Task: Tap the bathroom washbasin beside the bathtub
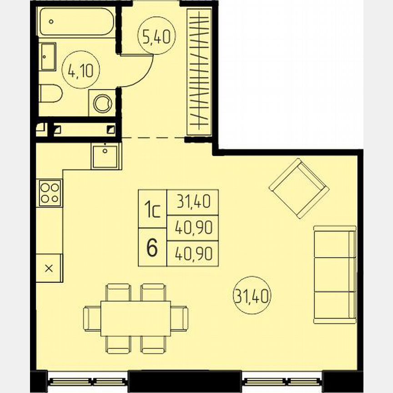tap(48, 56)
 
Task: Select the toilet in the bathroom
tap(50, 95)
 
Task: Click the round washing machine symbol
tap(103, 103)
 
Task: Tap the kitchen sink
tap(106, 156)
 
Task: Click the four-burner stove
tap(50, 192)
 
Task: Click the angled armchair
tap(299, 187)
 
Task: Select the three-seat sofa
tap(334, 274)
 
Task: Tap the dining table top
tap(136, 318)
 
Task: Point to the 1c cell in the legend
tap(152, 209)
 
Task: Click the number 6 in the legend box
tap(152, 247)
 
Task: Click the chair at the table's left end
tap(91, 318)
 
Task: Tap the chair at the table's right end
tap(180, 318)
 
